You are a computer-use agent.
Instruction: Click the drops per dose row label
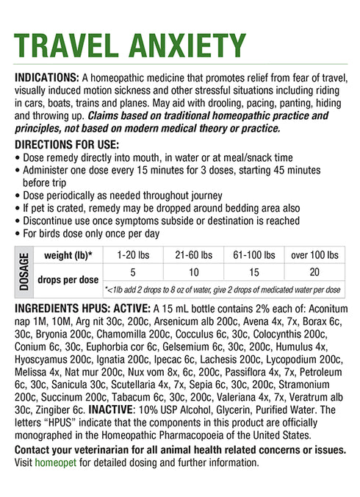pyautogui.click(x=68, y=280)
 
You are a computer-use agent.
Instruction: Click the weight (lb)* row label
pyautogui.click(x=68, y=255)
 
